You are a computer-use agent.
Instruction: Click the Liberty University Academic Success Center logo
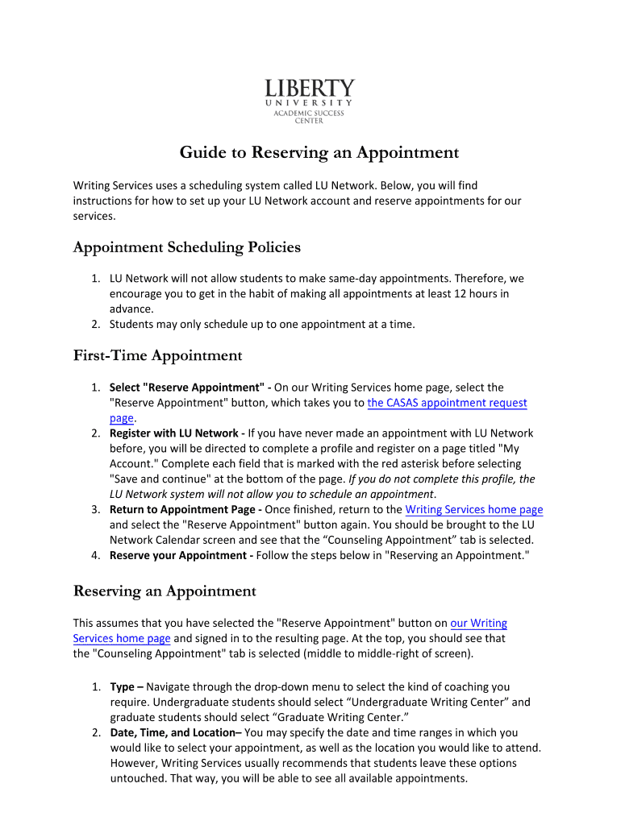click(310, 101)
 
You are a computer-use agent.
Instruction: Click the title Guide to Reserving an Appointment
click(319, 152)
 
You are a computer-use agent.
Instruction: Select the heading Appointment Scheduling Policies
click(186, 247)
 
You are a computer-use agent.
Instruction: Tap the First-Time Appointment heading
click(157, 355)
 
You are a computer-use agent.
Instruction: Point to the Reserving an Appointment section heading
click(165, 591)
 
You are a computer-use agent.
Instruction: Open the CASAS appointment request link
click(447, 403)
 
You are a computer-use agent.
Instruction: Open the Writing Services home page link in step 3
click(473, 510)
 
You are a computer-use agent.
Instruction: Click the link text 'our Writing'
click(478, 623)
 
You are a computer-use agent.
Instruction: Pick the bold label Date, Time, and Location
click(173, 733)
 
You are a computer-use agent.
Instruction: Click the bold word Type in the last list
click(122, 687)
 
